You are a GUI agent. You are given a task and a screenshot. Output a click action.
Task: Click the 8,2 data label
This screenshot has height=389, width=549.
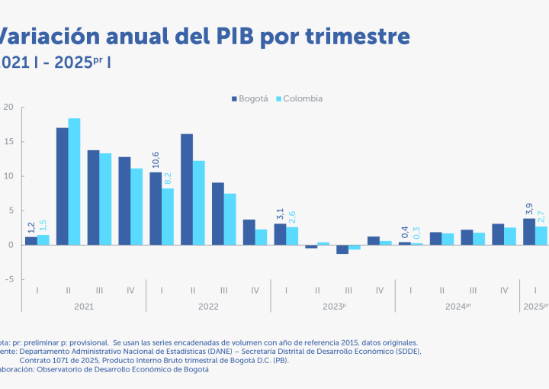(168, 177)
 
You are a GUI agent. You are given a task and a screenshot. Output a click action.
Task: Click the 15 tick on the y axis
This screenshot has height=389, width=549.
(8, 141)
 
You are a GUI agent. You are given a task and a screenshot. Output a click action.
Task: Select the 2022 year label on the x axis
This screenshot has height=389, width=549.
(208, 307)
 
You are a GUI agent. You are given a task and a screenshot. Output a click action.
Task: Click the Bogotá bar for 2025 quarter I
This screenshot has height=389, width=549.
(528, 232)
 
